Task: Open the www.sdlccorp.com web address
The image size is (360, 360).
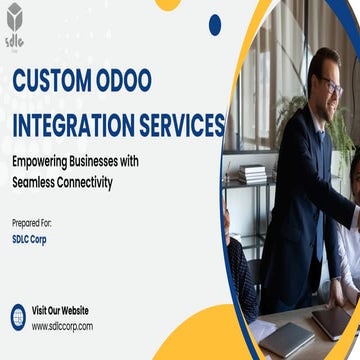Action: point(62,325)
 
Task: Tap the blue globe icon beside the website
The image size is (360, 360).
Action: point(18,317)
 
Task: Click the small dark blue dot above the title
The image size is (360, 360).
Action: point(215,24)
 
